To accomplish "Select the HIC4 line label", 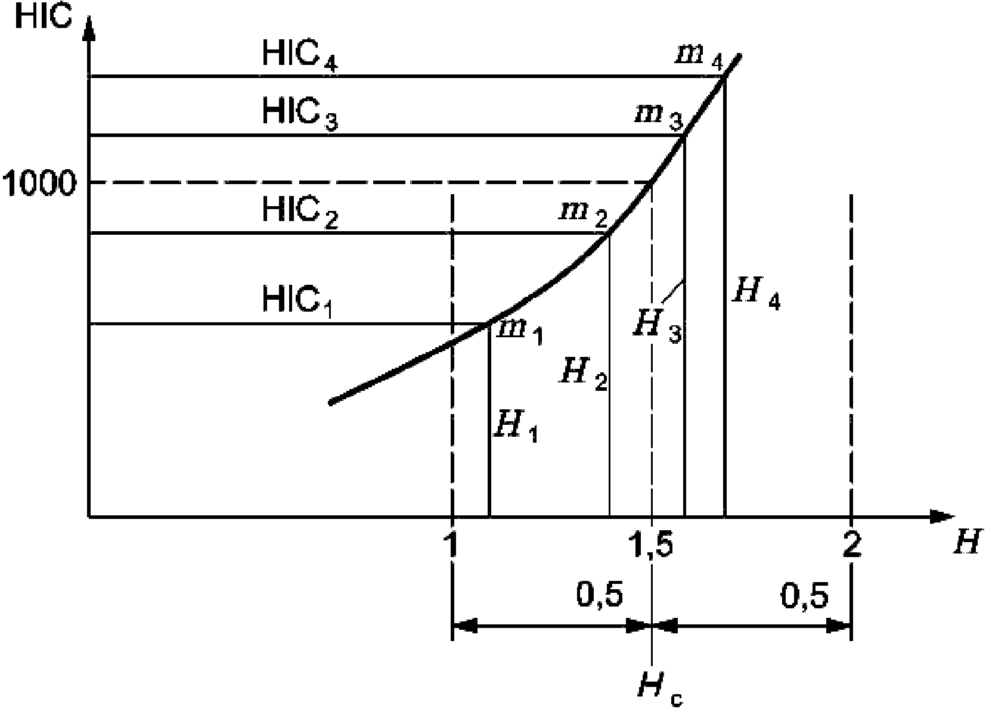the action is [300, 56].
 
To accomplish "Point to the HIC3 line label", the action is [300, 115].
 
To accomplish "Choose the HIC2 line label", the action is [300, 213].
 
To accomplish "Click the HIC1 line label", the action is [297, 301].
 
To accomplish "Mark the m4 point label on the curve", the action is [699, 60].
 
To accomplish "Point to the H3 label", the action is [657, 327].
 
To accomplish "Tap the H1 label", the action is [515, 427].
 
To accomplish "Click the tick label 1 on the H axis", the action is [451, 545].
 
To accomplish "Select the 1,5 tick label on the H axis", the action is [650, 545].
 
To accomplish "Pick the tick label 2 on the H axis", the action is [852, 545].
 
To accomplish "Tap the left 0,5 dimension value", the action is [600, 596].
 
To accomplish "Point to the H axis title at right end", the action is [968, 543].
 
